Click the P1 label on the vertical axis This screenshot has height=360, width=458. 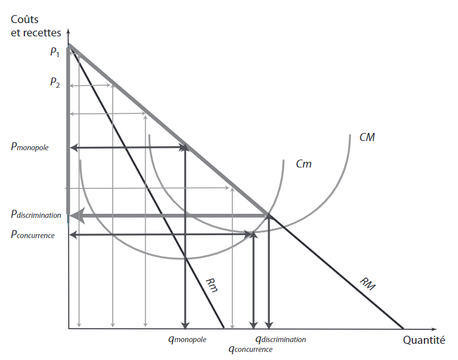[x=55, y=52]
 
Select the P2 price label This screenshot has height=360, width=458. [x=55, y=82]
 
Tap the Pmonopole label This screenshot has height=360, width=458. [x=29, y=146]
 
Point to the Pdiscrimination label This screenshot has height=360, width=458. [x=36, y=214]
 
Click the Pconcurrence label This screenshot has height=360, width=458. [x=33, y=235]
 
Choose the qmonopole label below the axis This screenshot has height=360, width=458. [x=187, y=339]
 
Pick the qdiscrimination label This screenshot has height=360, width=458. [x=280, y=339]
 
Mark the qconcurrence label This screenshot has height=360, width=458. [x=250, y=349]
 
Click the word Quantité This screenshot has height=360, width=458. [x=424, y=340]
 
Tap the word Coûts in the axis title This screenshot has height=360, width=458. [x=24, y=19]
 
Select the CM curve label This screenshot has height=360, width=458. [x=367, y=137]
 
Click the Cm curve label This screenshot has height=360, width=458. [x=304, y=164]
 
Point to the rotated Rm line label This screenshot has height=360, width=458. [x=212, y=285]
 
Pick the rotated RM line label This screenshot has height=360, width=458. [x=367, y=284]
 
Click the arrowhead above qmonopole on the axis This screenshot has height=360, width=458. [x=185, y=325]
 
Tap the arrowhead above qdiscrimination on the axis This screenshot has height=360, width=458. [x=269, y=325]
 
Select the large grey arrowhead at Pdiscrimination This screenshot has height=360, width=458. [x=76, y=216]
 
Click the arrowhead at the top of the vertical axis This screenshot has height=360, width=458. [x=68, y=31]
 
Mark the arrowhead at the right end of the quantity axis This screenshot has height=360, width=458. [x=434, y=329]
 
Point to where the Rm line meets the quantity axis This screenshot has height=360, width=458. [x=224, y=328]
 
